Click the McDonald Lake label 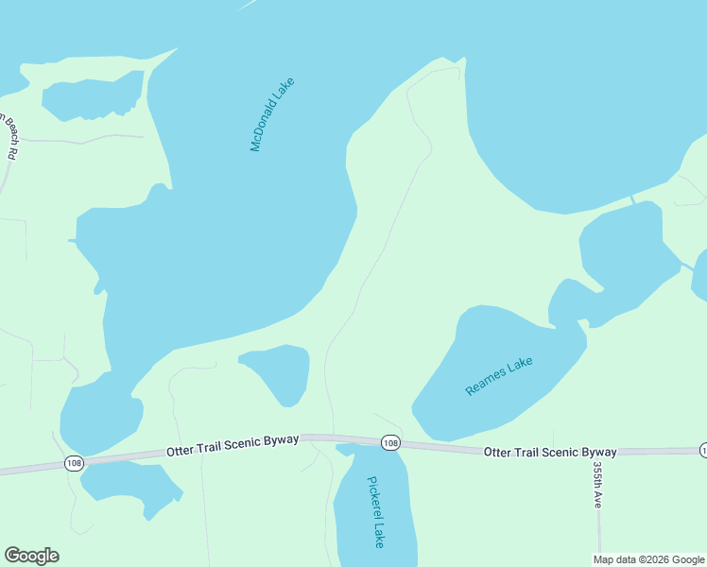[272, 113]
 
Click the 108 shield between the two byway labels [390, 442]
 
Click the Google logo [31, 556]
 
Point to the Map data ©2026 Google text [647, 559]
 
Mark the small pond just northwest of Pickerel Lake [282, 370]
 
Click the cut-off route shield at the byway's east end [703, 449]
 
